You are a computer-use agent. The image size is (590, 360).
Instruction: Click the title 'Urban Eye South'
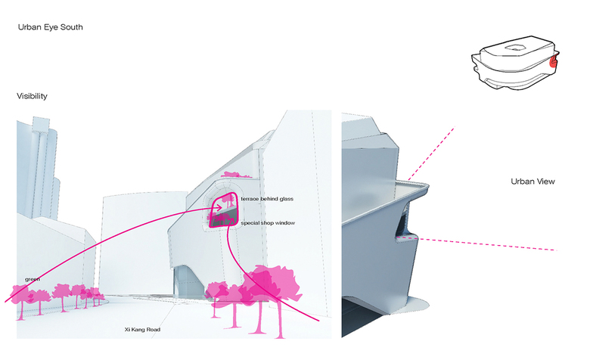point(51,27)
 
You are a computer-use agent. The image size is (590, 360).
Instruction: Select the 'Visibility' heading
point(33,97)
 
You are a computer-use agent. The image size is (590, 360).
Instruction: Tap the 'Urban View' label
point(533,182)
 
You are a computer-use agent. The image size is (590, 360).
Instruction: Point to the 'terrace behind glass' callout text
point(266,198)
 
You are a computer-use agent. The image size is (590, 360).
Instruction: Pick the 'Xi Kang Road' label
point(143,330)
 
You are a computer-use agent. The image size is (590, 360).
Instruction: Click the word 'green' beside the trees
point(33,279)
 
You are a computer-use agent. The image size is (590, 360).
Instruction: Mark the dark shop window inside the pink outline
point(222,219)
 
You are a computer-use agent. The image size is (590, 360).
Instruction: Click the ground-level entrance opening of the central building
point(181,281)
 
